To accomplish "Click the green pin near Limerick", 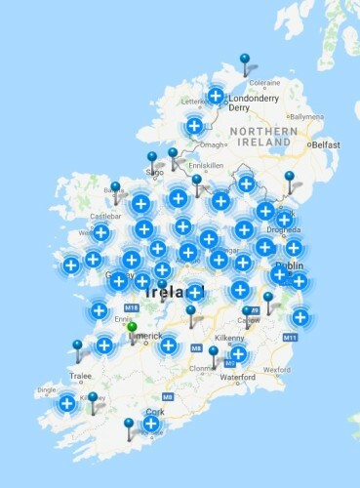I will [x=133, y=328].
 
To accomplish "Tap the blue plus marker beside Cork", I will [x=151, y=423].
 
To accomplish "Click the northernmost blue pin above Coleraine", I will [x=245, y=60].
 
